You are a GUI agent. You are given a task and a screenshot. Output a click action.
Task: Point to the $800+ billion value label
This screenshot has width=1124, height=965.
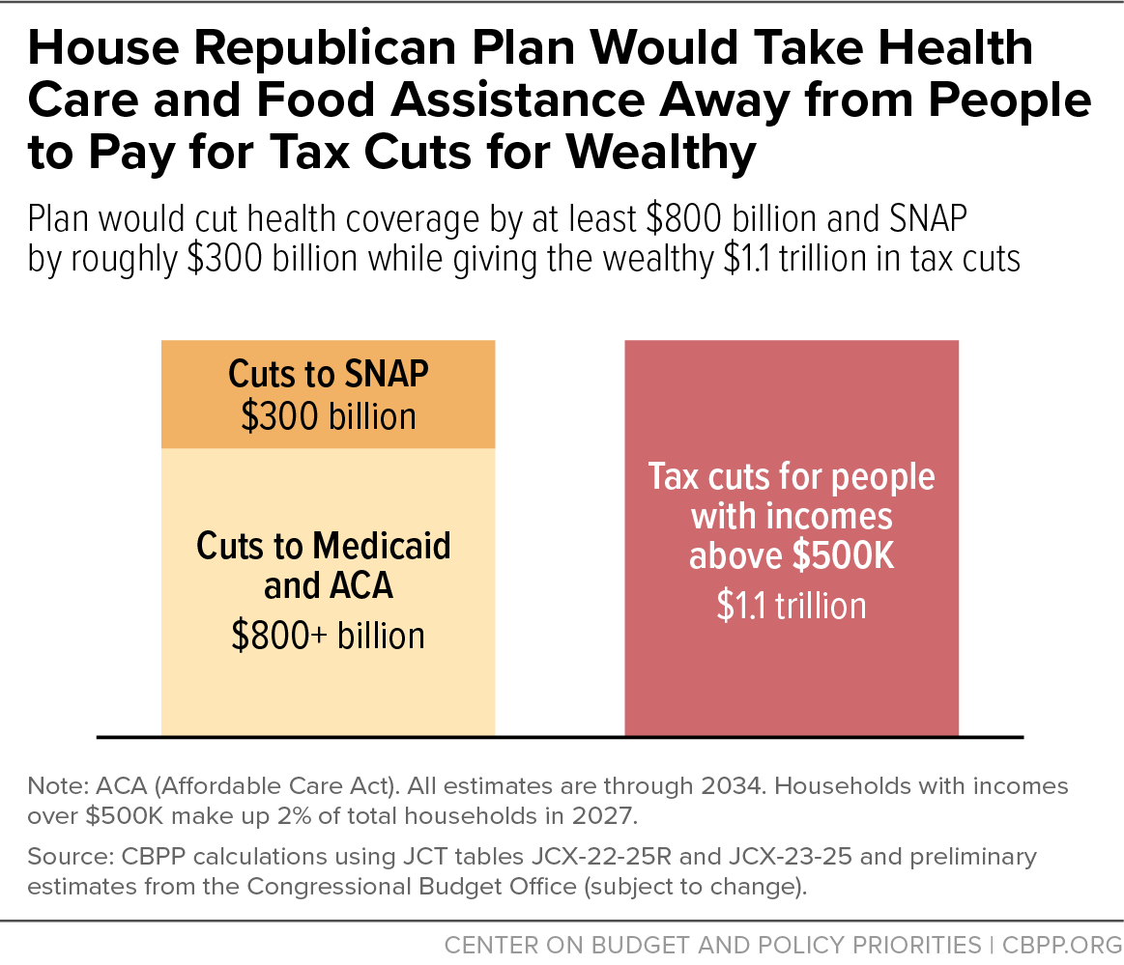328,636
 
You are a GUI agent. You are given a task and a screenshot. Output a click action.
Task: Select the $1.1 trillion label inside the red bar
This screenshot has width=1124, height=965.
791,606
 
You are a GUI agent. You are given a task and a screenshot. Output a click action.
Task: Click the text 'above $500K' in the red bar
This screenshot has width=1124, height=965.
791,557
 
